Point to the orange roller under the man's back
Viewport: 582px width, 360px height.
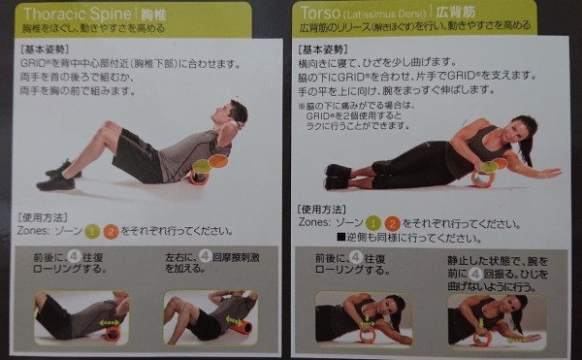[x=199, y=175]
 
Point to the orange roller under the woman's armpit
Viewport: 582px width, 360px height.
[x=482, y=178]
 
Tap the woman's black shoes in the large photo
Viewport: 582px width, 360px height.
[x=338, y=177]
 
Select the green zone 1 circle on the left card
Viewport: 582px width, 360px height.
[x=90, y=232]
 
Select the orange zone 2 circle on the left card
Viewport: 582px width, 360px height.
[x=111, y=232]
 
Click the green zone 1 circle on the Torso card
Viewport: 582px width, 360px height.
[x=371, y=222]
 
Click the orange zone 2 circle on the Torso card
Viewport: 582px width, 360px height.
[x=392, y=222]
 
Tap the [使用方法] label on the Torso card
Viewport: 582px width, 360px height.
[x=323, y=210]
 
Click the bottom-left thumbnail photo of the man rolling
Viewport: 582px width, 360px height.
[x=81, y=318]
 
